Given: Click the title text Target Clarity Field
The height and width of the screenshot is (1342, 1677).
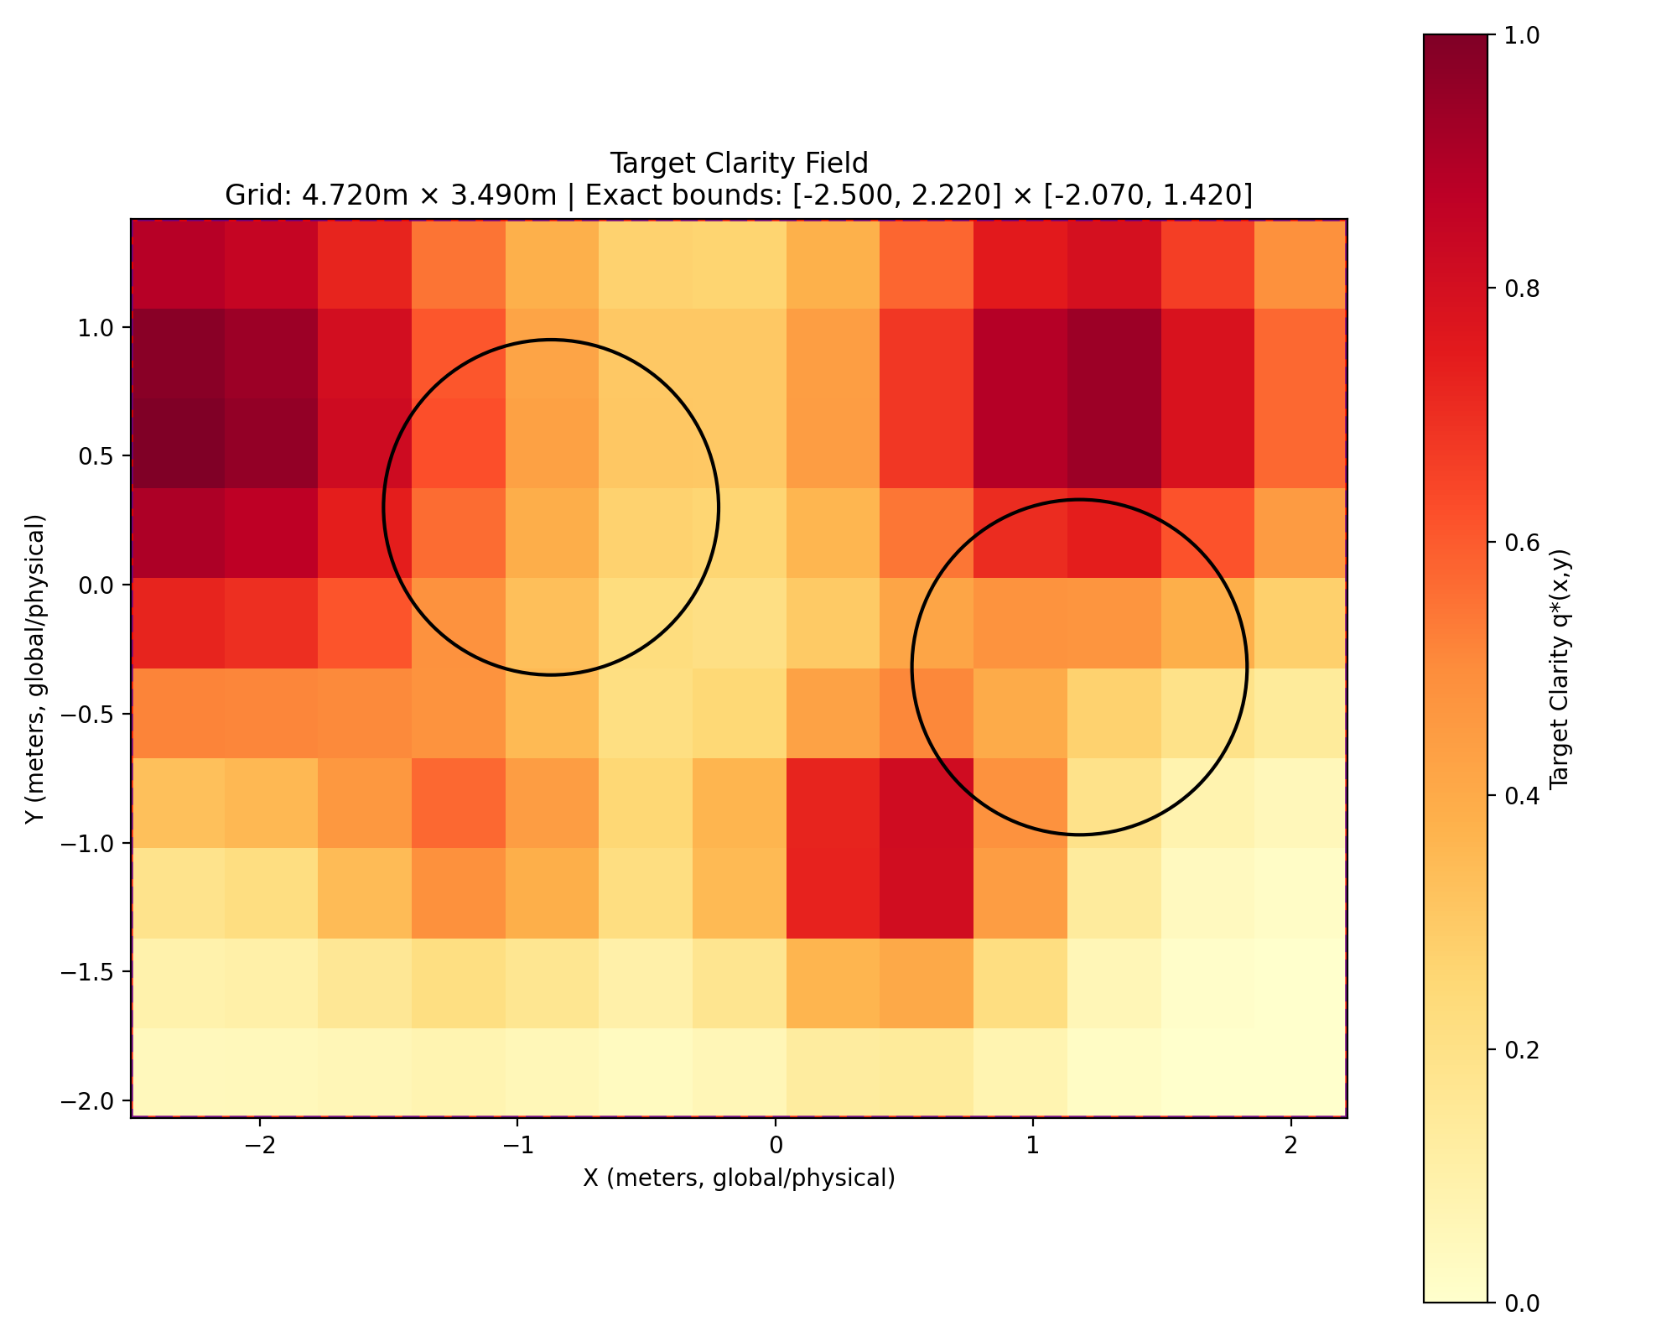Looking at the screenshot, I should tap(739, 163).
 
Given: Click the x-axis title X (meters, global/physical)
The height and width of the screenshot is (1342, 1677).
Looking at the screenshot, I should tap(739, 1178).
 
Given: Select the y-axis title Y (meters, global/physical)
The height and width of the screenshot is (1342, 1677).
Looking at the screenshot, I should tap(35, 668).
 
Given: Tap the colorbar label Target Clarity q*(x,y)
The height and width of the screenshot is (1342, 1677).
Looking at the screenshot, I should tap(1560, 668).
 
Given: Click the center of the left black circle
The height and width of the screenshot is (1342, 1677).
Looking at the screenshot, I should tap(551, 507).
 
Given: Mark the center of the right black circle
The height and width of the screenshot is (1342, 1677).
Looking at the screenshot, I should tap(1080, 668).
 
